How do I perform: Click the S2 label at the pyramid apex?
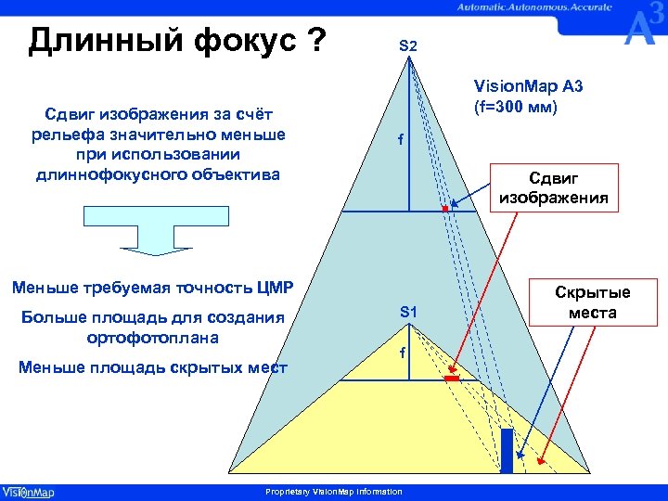pyautogui.click(x=408, y=45)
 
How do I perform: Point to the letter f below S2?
pyautogui.click(x=401, y=141)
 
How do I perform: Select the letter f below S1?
pyautogui.click(x=402, y=353)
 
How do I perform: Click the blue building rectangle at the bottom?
pyautogui.click(x=507, y=450)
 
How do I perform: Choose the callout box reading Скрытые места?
pyautogui.click(x=593, y=302)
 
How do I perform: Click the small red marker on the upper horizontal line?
pyautogui.click(x=445, y=210)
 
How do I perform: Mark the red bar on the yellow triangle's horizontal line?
pyautogui.click(x=452, y=379)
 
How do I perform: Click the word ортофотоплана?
pyautogui.click(x=151, y=338)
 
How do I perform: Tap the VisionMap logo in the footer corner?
pyautogui.click(x=28, y=492)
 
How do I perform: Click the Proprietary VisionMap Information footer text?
pyautogui.click(x=334, y=492)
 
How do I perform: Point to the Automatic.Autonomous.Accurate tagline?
pyautogui.click(x=533, y=6)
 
